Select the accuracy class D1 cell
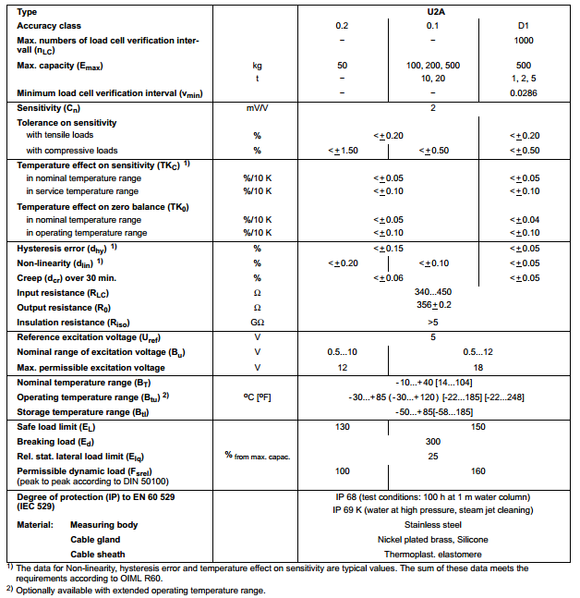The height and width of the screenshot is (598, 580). (x=524, y=25)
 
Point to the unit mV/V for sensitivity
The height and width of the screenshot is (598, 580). (x=257, y=109)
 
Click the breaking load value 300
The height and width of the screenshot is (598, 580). (x=432, y=443)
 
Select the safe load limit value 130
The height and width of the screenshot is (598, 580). (x=342, y=427)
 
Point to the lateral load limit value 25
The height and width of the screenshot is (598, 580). (x=432, y=457)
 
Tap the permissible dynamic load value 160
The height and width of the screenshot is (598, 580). (x=477, y=472)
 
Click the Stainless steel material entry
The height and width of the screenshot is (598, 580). (x=432, y=524)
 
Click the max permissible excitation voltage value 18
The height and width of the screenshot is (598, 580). (x=477, y=367)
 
